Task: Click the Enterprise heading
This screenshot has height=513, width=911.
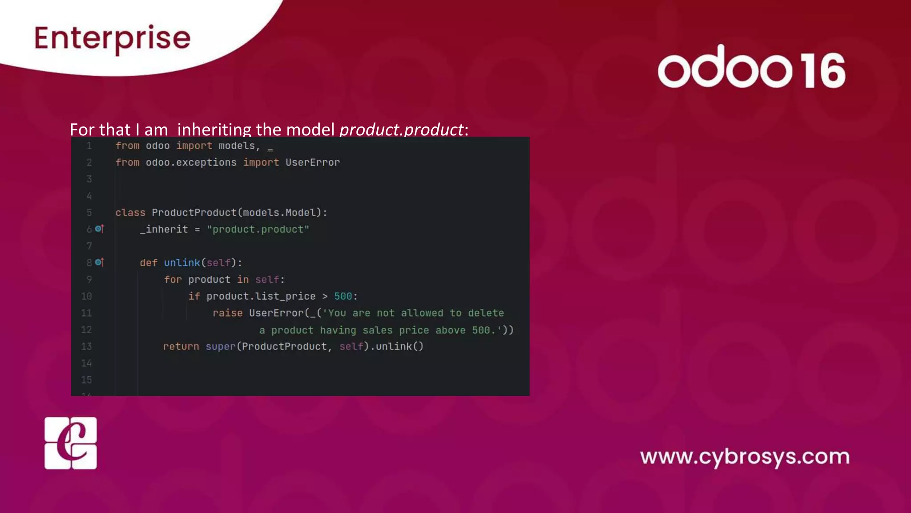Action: (112, 38)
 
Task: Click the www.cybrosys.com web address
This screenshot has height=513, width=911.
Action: (745, 457)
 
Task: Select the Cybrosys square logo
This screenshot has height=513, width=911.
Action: (71, 443)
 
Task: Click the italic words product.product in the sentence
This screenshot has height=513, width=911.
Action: (401, 130)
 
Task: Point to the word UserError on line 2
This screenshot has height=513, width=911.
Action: (312, 163)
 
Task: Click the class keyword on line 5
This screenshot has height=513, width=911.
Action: (130, 213)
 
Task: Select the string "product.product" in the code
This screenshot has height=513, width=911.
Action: (258, 229)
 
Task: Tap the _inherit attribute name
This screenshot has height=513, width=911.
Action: (164, 229)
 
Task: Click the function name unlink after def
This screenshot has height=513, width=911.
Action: (182, 263)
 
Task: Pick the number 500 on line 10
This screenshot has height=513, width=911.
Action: (343, 297)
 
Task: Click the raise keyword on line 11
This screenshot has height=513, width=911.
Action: (227, 313)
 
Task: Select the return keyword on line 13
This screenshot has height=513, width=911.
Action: (181, 346)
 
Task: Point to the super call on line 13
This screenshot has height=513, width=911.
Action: (220, 346)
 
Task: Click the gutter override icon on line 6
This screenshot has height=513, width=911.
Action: (99, 229)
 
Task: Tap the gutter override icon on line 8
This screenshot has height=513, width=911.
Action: (99, 262)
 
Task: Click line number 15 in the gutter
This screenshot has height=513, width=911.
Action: (86, 380)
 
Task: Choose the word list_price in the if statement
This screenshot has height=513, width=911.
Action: (285, 297)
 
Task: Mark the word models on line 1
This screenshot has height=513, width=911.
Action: (236, 146)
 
